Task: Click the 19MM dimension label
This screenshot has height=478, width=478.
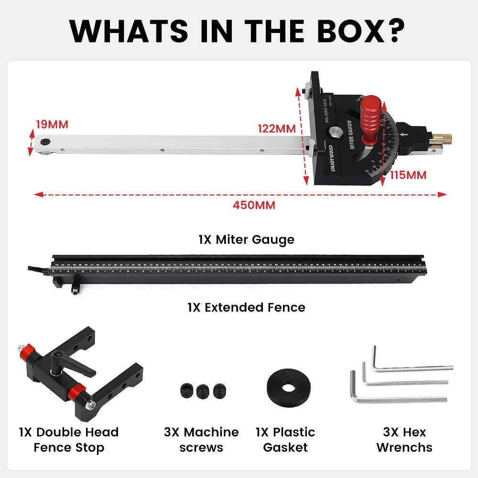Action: point(52,125)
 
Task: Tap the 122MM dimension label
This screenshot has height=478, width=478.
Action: point(277,129)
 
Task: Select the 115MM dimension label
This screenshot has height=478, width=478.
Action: point(408,175)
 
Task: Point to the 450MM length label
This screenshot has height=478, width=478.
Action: point(254,205)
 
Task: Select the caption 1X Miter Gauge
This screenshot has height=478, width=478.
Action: point(246,239)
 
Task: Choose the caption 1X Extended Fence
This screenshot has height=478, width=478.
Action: point(246,307)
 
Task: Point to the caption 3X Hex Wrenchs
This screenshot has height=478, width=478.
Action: point(404,440)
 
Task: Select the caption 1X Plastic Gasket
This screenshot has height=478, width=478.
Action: point(285,440)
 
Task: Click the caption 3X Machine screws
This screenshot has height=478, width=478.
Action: point(201,440)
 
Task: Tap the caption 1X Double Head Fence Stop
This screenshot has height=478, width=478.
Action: point(69,440)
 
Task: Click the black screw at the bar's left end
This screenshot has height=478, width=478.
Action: point(44,142)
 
